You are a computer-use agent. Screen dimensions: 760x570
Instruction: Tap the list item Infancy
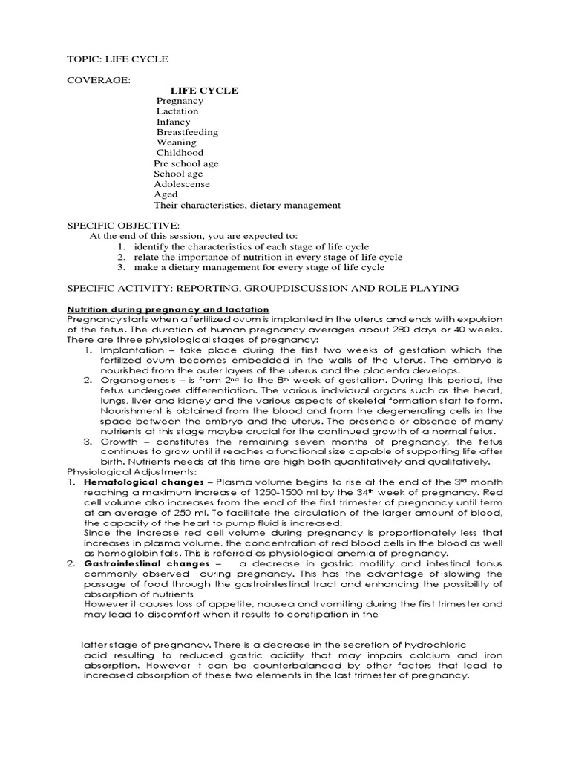pyautogui.click(x=173, y=122)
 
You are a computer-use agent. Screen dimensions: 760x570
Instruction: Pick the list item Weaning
pyautogui.click(x=176, y=142)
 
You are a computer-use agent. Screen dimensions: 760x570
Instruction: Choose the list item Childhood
pyautogui.click(x=178, y=153)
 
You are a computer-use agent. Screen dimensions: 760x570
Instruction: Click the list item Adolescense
pyautogui.click(x=182, y=184)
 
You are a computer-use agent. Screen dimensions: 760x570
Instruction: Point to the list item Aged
pyautogui.click(x=166, y=194)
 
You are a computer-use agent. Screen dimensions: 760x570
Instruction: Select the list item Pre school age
pyautogui.click(x=186, y=163)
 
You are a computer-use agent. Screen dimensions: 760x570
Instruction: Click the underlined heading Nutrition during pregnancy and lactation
pyautogui.click(x=168, y=309)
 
